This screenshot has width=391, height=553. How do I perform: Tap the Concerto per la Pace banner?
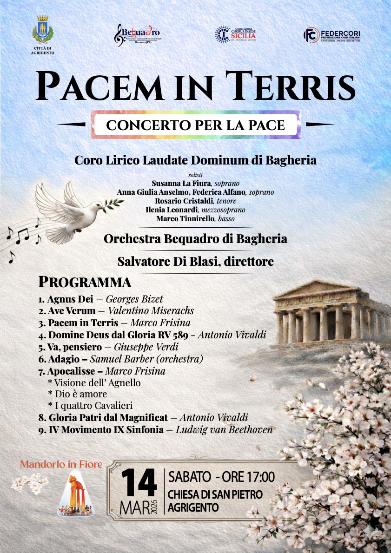(195, 125)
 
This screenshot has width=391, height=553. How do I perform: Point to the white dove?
(70, 209)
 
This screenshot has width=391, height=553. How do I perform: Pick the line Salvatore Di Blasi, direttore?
(195, 262)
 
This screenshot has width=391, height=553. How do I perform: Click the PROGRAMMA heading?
(85, 282)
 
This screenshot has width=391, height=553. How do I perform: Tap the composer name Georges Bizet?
(134, 299)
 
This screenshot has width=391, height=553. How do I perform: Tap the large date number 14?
(139, 484)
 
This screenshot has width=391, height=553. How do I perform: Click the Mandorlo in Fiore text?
(61, 465)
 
